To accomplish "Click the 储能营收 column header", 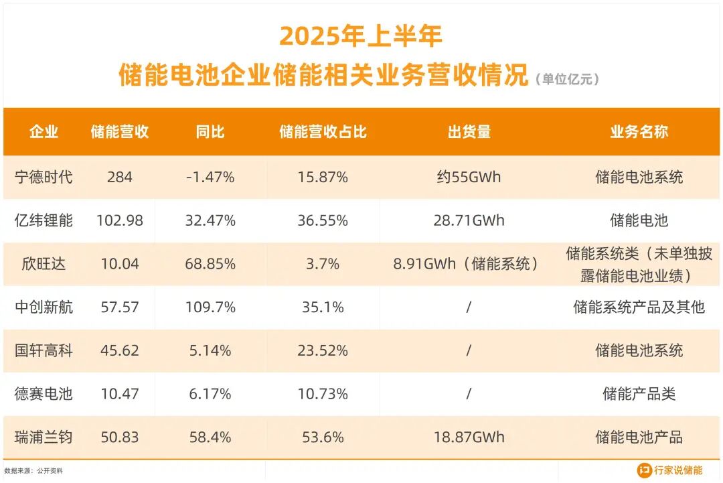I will (119, 132).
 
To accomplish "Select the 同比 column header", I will (210, 132).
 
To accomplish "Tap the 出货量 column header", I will (469, 132).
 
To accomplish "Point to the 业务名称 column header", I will (639, 132).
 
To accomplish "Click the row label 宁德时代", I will (44, 178).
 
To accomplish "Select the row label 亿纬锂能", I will (44, 220).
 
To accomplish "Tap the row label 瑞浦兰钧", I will (44, 437).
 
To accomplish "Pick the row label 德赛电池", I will (44, 394).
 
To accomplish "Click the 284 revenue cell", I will (120, 178).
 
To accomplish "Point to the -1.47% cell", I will (210, 178).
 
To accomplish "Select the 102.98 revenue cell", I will (120, 220).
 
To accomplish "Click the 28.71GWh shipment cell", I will (469, 220).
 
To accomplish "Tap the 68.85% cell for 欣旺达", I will (210, 264).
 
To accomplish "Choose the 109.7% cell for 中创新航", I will (210, 307).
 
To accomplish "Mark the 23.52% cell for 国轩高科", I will (323, 350).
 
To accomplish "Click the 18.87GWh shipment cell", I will (469, 437).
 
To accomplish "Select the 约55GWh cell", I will (469, 178).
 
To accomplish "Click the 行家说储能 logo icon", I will (644, 470).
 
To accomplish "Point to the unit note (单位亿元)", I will (567, 79).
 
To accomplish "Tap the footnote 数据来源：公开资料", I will (33, 471).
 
